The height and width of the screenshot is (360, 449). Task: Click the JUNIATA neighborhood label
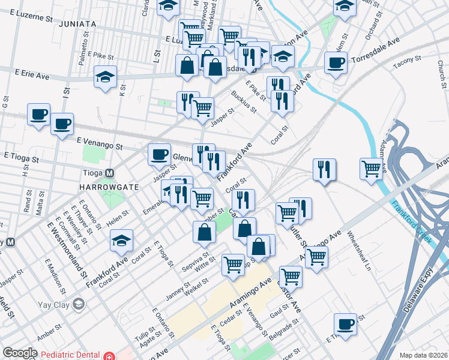[x=78, y=23]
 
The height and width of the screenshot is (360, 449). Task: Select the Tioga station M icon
[x=110, y=173]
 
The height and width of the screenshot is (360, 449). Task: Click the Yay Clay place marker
[x=78, y=304]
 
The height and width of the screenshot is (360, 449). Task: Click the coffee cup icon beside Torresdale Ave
[x=336, y=62]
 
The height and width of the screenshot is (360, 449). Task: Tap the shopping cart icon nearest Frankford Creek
[x=372, y=169]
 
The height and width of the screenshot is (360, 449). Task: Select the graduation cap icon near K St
[x=105, y=77]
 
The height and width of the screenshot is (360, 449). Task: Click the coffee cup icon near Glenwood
[x=160, y=155]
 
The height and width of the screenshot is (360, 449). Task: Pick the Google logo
[x=20, y=353]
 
